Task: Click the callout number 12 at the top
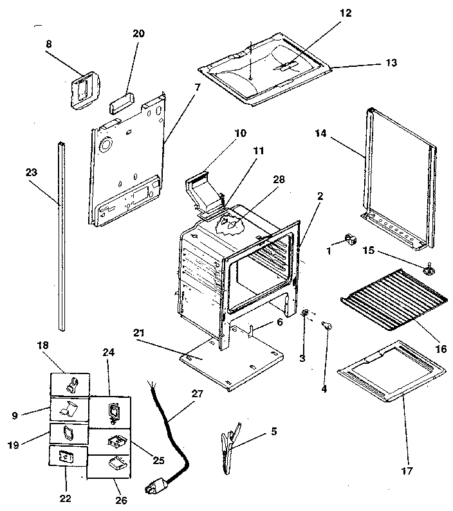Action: coord(346,13)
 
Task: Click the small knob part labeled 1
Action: coord(351,240)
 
